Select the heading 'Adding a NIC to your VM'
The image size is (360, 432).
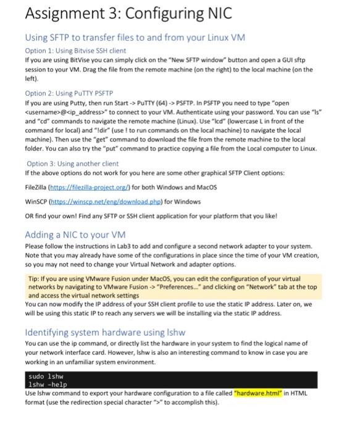75,235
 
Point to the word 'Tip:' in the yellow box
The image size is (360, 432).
35,279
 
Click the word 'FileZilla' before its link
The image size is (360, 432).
38,186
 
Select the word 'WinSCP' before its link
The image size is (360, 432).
38,201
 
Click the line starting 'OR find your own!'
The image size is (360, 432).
151,216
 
